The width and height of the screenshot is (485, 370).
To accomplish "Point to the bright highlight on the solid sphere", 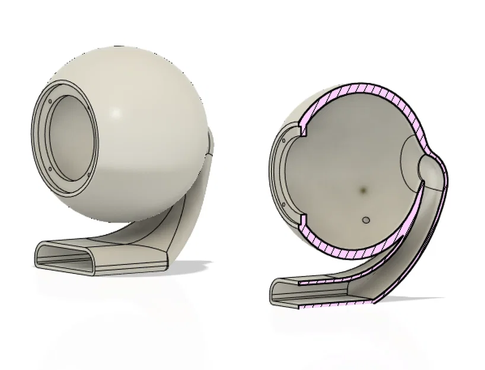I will (117, 112).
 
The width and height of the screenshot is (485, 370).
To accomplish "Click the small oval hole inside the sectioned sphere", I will (366, 220).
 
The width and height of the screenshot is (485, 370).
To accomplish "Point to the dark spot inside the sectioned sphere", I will (362, 190).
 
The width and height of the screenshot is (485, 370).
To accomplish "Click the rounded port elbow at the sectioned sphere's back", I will (428, 169).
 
